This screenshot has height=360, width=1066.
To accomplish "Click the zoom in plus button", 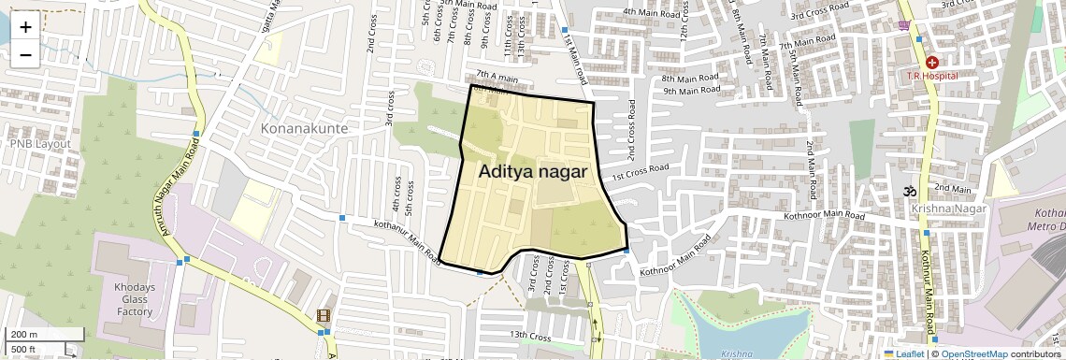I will [25, 27].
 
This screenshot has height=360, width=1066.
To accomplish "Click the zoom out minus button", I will [25, 55].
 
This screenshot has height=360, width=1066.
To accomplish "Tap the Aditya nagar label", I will [533, 172].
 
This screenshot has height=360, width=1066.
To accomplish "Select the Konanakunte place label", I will [304, 128].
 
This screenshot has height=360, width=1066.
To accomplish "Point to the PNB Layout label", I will [40, 144].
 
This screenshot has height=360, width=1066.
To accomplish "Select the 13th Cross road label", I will [529, 335].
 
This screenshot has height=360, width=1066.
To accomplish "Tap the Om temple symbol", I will [906, 192].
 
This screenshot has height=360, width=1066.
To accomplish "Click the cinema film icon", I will [324, 316].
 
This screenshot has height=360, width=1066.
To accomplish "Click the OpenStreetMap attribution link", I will [973, 353].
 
